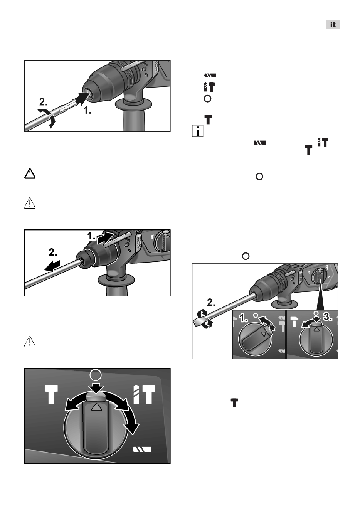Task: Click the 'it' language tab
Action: (333, 25)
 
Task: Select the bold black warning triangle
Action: (30, 174)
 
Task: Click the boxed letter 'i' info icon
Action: (197, 131)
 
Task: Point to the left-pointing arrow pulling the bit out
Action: (52, 266)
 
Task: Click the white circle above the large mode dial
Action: (96, 375)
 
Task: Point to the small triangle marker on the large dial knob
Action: (96, 407)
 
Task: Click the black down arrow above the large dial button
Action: (96, 387)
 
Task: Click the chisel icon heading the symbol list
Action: (210, 75)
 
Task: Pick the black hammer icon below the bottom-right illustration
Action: (234, 403)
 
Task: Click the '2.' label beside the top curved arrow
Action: (43, 102)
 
